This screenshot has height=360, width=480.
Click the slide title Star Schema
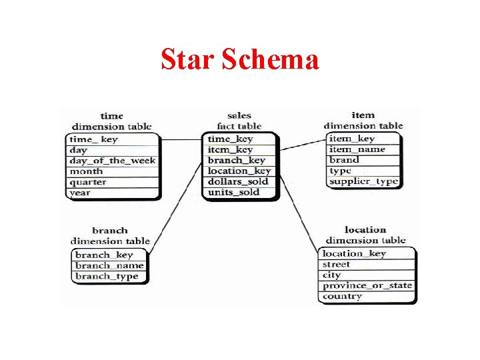coord(240,60)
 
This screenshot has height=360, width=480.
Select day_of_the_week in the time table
coord(113,161)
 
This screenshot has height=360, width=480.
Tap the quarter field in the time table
coord(88,182)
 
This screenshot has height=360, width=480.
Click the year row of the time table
coord(80,193)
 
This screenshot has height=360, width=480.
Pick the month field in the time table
coord(87,171)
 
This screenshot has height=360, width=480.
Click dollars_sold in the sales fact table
coord(238,181)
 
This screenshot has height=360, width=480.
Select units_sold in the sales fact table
coord(233,192)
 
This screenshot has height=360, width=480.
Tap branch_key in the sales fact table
coord(236,160)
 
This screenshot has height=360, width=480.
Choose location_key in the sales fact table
coord(239,171)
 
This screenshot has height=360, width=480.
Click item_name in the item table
coord(357,149)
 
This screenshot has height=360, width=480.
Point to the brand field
coord(344,160)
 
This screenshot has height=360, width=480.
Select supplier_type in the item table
coord(363,181)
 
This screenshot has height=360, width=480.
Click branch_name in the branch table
coord(109,265)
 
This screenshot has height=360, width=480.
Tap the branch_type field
coord(107,276)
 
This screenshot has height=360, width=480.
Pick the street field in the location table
coord(337,264)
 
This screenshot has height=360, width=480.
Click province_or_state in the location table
coord(367,285)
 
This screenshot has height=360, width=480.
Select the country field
coord(343,296)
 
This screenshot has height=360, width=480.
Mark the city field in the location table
coord(332,275)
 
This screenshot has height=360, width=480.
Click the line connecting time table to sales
coord(181,140)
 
